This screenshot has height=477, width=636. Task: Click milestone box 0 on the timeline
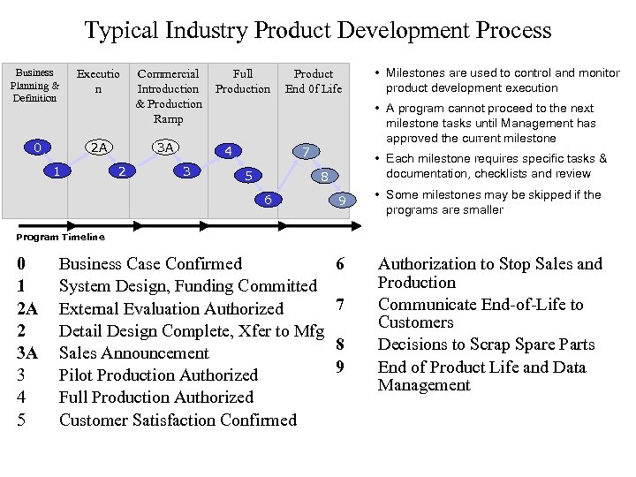pos(36,147)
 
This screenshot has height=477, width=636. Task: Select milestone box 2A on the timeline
pos(100,148)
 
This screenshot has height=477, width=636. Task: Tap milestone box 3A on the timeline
pos(165,148)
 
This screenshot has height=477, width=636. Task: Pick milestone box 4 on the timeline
pos(228,151)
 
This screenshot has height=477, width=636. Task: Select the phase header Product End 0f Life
pos(313,81)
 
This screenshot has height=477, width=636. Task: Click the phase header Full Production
pos(243,81)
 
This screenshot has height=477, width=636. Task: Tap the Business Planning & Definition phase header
pos(34,85)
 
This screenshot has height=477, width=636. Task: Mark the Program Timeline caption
pos(61,237)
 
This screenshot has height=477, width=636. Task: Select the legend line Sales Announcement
pos(133,353)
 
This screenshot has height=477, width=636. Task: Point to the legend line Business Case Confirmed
pos(150,263)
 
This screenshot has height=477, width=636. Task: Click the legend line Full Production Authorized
pos(155,397)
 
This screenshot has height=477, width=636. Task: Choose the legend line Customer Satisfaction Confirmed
pos(178,420)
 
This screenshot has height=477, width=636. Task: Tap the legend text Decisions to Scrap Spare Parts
pos(486,344)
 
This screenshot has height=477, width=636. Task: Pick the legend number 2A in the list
pos(26,308)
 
